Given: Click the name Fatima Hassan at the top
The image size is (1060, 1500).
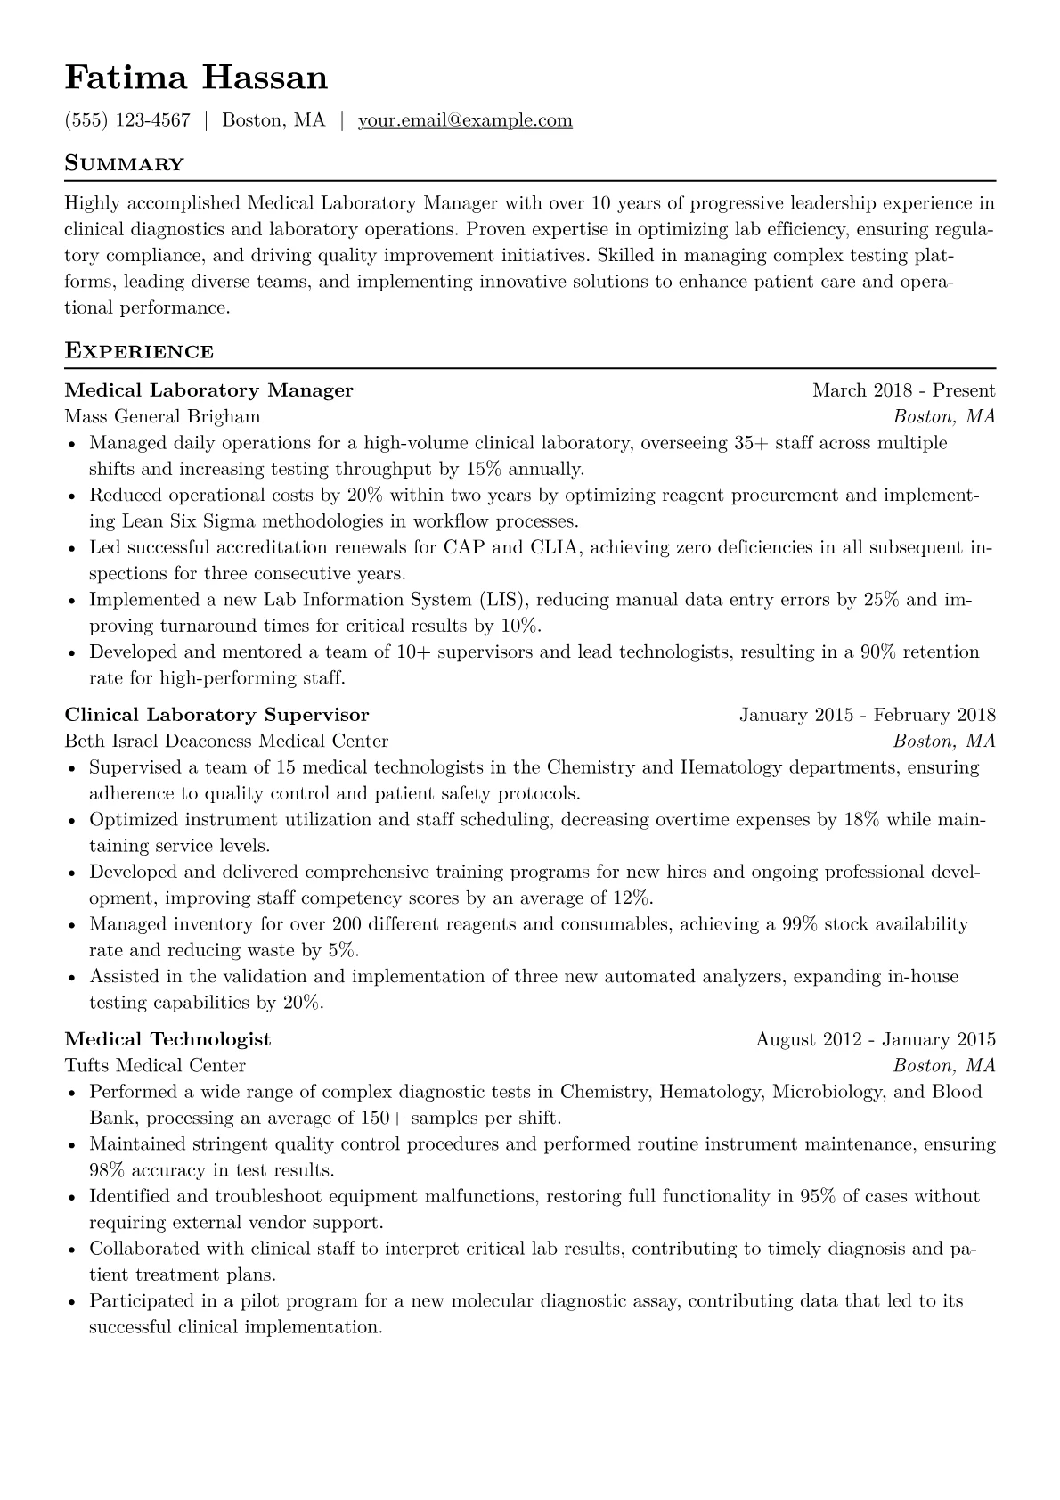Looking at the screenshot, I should [x=196, y=78].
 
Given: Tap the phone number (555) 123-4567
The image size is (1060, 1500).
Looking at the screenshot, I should [x=127, y=120].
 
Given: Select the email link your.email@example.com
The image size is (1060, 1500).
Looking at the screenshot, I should [x=465, y=120].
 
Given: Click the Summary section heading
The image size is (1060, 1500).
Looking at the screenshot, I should [x=125, y=164].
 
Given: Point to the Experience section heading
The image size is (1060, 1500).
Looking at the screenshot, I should [x=139, y=351].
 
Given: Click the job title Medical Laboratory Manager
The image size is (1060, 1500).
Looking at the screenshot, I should [x=209, y=390].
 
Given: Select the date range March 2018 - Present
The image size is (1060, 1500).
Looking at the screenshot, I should [x=903, y=390].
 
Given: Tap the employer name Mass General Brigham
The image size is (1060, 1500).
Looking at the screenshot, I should [x=163, y=416].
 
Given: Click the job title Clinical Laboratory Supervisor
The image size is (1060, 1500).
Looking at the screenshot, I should [x=216, y=715].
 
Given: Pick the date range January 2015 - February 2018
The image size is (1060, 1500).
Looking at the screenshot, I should [x=867, y=715].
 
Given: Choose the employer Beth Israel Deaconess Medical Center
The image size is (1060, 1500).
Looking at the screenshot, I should [x=226, y=741].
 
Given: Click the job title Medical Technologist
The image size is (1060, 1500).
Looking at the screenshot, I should [x=167, y=1039].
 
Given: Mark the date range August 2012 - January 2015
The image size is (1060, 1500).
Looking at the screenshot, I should [x=875, y=1039].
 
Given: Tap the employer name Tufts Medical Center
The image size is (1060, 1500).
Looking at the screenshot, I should [x=155, y=1065].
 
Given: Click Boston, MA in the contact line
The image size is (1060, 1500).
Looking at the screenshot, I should [x=273, y=120].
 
